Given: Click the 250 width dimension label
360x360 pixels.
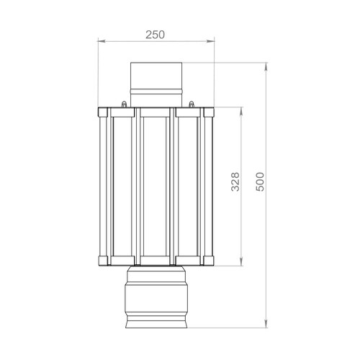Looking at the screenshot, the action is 155,35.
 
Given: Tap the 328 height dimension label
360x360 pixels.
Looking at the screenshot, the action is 235,181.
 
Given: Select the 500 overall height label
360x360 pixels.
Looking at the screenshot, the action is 260,181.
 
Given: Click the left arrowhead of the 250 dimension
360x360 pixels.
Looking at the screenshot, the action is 102,41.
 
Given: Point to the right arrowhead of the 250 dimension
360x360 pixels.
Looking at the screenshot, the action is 211,41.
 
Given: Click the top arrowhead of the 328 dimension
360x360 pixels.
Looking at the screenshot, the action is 242,111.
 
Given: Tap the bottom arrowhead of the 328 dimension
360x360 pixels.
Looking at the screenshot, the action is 242,262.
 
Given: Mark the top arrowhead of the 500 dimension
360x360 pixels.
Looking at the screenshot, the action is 266,66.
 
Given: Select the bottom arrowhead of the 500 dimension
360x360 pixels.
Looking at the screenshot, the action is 266,324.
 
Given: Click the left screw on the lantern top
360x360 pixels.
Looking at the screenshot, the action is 124,104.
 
